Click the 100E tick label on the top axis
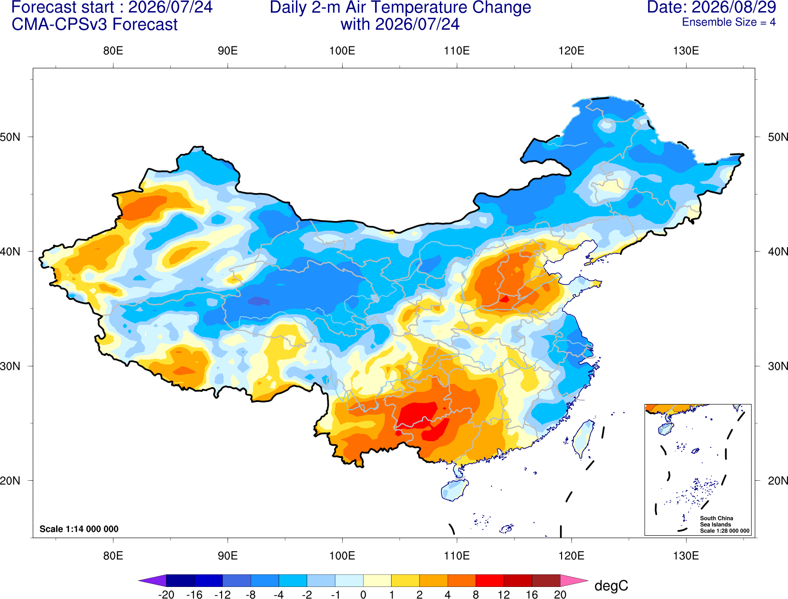pos(342,51)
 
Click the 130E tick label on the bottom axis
pos(686,556)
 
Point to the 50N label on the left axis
pos(10,137)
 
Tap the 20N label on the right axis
pos(777,481)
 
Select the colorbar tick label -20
pos(166,595)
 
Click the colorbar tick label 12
pos(504,595)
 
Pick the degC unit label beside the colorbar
pos(611,585)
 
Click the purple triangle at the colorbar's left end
pos(153,580)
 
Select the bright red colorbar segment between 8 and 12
pos(490,580)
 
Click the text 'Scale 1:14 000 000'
pos(79,529)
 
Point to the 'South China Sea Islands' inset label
pos(716,521)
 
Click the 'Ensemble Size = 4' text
pos(729,22)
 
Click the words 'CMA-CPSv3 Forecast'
pos(95,25)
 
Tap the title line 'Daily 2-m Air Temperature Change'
pos(400,7)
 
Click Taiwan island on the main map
pos(582,439)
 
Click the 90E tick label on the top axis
pos(227,51)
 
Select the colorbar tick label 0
pos(363,595)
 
